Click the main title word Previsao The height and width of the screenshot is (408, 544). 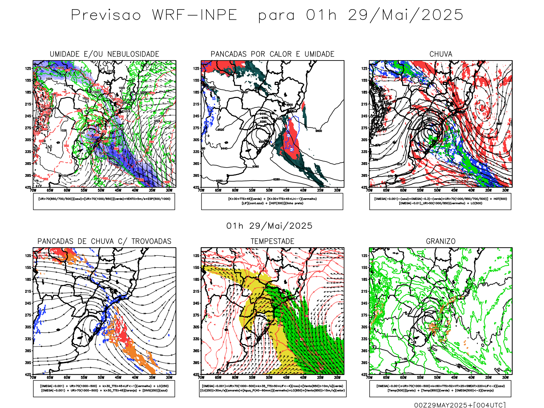pyautogui.click(x=106, y=15)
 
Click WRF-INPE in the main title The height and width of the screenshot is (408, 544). pyautogui.click(x=194, y=15)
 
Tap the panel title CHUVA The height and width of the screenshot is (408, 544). pyautogui.click(x=441, y=54)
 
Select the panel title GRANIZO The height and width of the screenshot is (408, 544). pyautogui.click(x=441, y=241)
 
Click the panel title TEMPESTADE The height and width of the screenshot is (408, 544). pyautogui.click(x=272, y=241)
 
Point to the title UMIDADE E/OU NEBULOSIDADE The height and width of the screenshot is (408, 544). pyautogui.click(x=104, y=54)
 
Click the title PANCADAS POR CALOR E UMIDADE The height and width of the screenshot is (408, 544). pyautogui.click(x=272, y=54)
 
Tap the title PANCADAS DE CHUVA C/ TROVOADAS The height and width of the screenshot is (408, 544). pyautogui.click(x=104, y=241)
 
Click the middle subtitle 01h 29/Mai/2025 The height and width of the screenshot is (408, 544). pyautogui.click(x=269, y=226)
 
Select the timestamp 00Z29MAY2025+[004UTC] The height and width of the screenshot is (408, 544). pyautogui.click(x=460, y=405)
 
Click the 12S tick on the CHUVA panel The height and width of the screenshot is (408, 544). pyautogui.click(x=364, y=68)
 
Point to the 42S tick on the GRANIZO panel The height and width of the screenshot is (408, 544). pyautogui.click(x=364, y=375)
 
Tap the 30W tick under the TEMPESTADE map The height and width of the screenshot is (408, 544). pyautogui.click(x=337, y=377)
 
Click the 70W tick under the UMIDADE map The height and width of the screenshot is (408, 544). pyautogui.click(x=33, y=190)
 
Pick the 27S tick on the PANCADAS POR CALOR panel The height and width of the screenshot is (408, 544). pyautogui.click(x=196, y=128)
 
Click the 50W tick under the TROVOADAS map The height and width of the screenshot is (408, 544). pyautogui.click(x=101, y=377)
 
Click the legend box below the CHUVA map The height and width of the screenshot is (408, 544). pyautogui.click(x=440, y=201)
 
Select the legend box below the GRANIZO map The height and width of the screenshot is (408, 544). pyautogui.click(x=440, y=388)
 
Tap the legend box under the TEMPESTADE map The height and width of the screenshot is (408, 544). pyautogui.click(x=272, y=388)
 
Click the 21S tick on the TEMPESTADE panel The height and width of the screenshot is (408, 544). pyautogui.click(x=196, y=291)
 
